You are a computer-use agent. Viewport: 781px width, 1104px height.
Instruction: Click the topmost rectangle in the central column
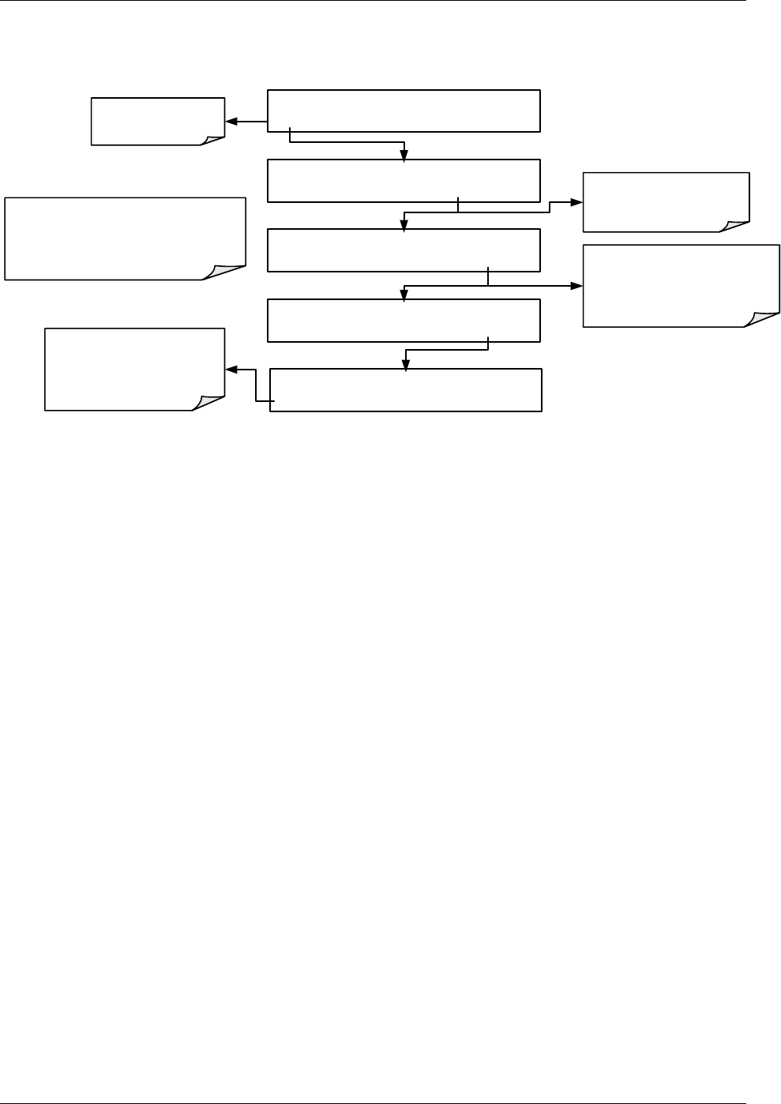pos(404,111)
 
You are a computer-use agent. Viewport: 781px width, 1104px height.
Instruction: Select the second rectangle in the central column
pos(404,181)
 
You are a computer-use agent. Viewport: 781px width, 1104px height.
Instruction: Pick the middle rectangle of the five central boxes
pos(404,250)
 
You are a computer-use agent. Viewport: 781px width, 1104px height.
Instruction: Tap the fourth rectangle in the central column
pos(404,320)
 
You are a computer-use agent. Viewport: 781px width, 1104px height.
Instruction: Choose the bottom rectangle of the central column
pos(406,389)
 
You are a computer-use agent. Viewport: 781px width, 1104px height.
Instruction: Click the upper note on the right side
pos(666,202)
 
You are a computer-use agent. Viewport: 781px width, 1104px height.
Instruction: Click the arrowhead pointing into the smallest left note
pos(231,122)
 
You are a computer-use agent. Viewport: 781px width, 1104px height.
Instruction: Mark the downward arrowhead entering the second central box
pos(404,155)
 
